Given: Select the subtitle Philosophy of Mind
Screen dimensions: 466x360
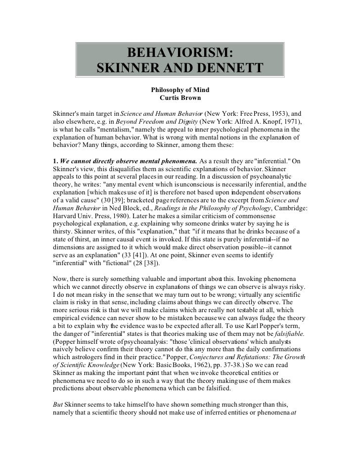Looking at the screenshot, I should (180, 90).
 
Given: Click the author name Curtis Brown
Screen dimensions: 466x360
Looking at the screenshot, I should (180, 98).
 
